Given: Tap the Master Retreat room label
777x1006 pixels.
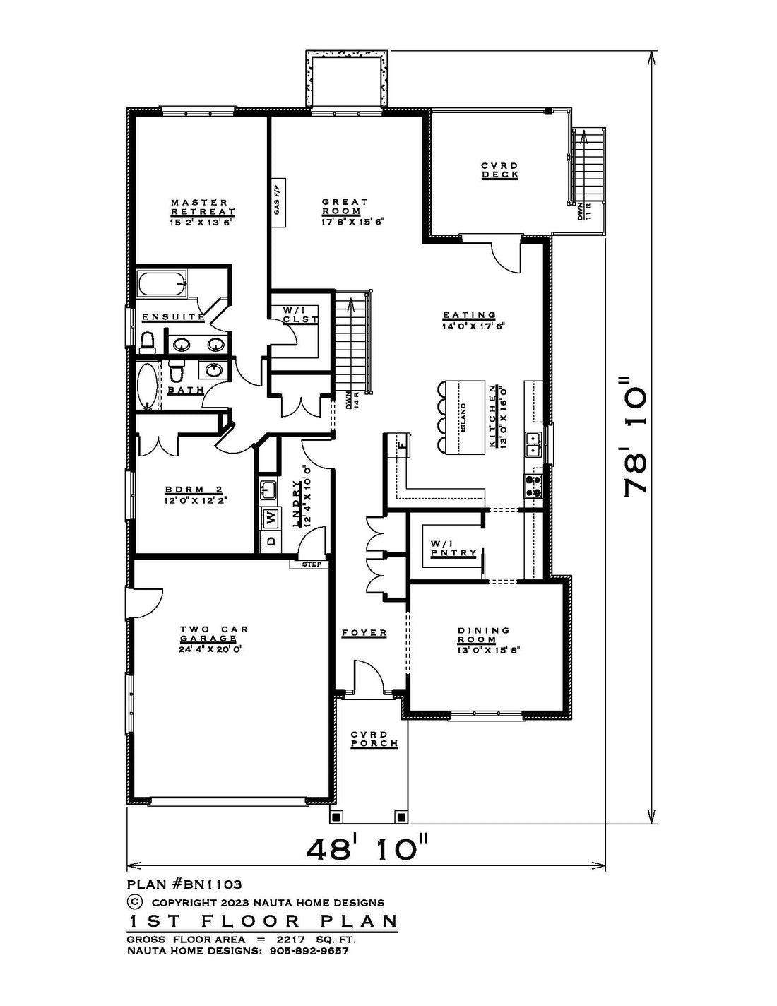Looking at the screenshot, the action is click(x=203, y=207).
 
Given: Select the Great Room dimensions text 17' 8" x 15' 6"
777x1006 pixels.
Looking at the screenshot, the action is click(x=353, y=222).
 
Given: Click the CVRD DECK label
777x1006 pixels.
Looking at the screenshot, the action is click(x=500, y=170).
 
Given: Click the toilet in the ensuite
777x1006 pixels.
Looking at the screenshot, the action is click(x=147, y=342).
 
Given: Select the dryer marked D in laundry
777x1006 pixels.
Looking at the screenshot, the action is click(x=271, y=540).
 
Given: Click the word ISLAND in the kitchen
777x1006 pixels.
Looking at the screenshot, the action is click(x=463, y=418).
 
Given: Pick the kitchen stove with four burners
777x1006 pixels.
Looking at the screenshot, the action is click(x=533, y=485).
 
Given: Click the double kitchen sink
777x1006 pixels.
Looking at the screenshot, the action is click(x=533, y=444).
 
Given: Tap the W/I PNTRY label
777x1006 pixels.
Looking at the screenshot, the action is click(x=453, y=548).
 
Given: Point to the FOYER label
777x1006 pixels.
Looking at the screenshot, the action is click(x=364, y=633).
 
